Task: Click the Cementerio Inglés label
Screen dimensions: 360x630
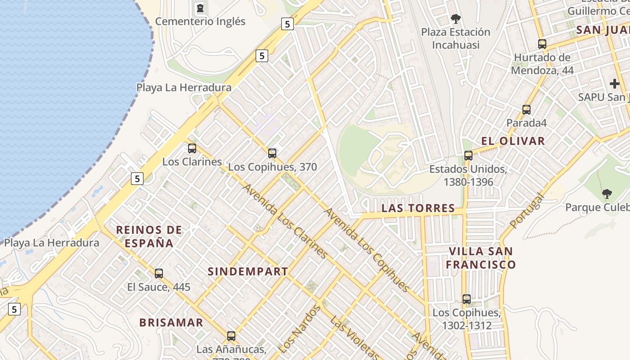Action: [200, 21]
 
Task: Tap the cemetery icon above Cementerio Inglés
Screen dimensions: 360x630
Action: [200, 8]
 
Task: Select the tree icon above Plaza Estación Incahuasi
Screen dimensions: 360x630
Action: [455, 19]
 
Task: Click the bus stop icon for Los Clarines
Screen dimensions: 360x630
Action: [192, 148]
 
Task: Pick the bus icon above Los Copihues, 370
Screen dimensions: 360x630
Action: [272, 153]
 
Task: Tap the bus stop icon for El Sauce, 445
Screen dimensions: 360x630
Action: [159, 273]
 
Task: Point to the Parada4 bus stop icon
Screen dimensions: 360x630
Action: [526, 109]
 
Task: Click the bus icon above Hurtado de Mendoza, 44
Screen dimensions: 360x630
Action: [542, 44]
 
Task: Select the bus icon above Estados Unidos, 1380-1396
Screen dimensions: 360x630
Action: [468, 156]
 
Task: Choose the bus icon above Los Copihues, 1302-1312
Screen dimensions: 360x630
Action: [467, 299]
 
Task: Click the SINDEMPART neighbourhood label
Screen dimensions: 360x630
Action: [247, 271]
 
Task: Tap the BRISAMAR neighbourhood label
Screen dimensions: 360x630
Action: [171, 323]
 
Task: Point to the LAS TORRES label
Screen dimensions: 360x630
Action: [418, 208]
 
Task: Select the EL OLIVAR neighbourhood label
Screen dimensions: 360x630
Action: [513, 141]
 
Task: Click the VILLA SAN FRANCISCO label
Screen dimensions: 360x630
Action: [481, 258]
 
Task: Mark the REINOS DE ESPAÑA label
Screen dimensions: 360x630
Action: [149, 236]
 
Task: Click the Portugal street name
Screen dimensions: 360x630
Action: [527, 210]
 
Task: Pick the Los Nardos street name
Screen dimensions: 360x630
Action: [299, 329]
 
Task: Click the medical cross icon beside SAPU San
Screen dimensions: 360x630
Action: [615, 84]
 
